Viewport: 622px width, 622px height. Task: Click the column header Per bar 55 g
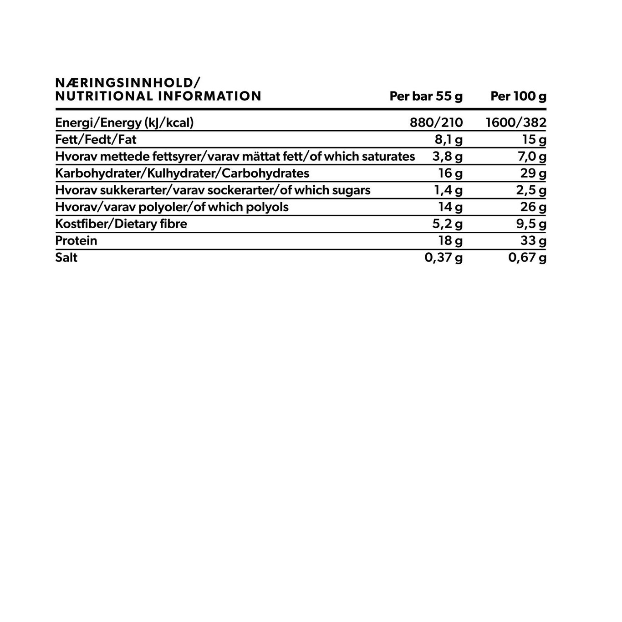pyautogui.click(x=426, y=97)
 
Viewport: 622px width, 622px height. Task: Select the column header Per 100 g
pyautogui.click(x=518, y=97)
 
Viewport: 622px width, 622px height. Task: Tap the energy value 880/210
pyautogui.click(x=436, y=122)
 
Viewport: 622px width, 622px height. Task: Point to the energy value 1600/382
pyautogui.click(x=516, y=122)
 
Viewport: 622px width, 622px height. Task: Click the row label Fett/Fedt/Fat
pyautogui.click(x=96, y=139)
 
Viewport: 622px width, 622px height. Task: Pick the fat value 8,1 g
pyautogui.click(x=449, y=139)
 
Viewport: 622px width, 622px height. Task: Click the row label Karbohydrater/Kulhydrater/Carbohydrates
pyautogui.click(x=182, y=173)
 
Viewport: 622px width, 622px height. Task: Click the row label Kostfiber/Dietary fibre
pyautogui.click(x=121, y=224)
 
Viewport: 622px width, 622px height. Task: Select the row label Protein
pyautogui.click(x=76, y=241)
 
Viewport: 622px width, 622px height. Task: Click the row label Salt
pyautogui.click(x=66, y=258)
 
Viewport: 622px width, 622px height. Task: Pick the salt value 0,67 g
pyautogui.click(x=527, y=258)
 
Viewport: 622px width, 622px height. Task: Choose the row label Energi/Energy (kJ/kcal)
pyautogui.click(x=124, y=122)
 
